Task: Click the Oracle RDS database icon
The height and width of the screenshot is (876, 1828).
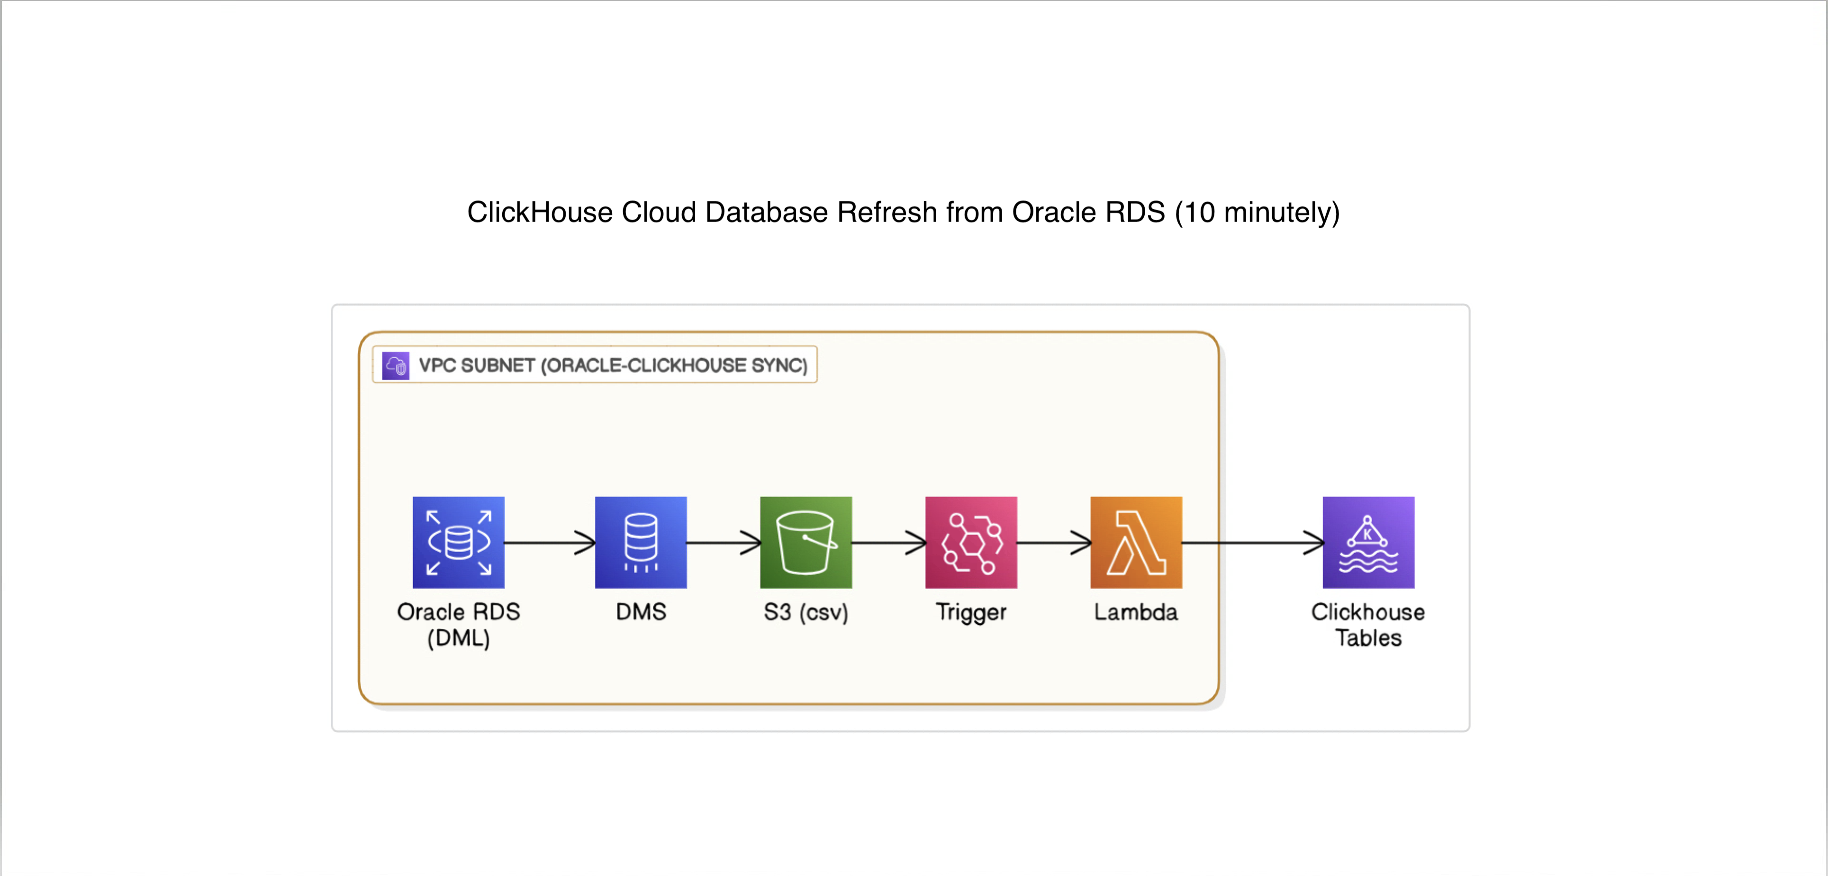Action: [x=458, y=543]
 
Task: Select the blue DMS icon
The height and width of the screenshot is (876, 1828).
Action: [x=641, y=543]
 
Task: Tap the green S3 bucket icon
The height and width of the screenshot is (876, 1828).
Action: [x=805, y=543]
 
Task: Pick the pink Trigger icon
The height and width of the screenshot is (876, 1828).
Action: [x=971, y=543]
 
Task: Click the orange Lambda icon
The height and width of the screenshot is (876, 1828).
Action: [x=1135, y=543]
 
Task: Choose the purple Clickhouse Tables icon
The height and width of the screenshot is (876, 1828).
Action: [x=1368, y=543]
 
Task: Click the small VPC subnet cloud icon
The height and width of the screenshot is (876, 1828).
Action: [x=395, y=366]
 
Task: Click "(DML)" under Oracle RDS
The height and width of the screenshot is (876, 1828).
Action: [x=458, y=638]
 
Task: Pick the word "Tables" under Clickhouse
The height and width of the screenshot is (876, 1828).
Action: [x=1368, y=638]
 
